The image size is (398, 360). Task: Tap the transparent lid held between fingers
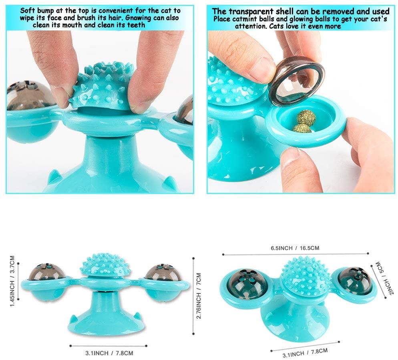click(296, 81)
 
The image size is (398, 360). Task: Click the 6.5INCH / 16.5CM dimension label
click(295, 248)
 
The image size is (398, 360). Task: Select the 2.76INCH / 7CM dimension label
click(199, 295)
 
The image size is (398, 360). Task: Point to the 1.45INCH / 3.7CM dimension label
click(12, 281)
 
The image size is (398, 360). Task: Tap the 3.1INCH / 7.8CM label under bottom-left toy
click(109, 353)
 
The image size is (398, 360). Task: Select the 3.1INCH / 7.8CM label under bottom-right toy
click(305, 353)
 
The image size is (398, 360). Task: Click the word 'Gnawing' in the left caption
click(138, 18)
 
